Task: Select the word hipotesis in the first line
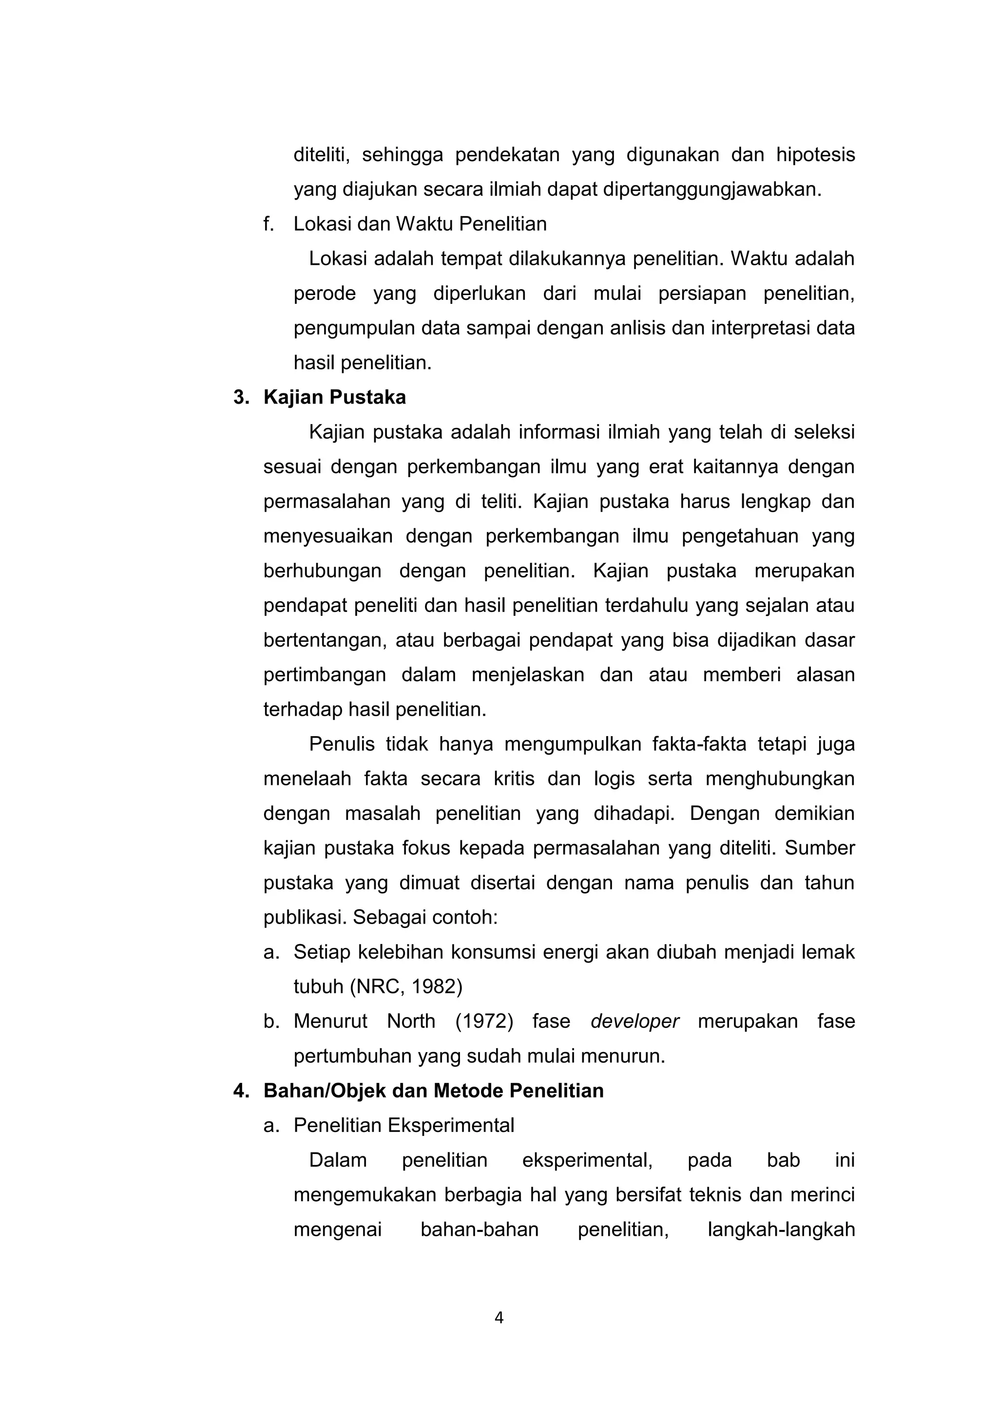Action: pyautogui.click(x=815, y=155)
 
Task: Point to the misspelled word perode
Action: pyautogui.click(x=325, y=294)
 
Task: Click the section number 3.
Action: pyautogui.click(x=240, y=398)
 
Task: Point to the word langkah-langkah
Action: pyautogui.click(x=781, y=1230)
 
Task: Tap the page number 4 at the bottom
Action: pyautogui.click(x=499, y=1318)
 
